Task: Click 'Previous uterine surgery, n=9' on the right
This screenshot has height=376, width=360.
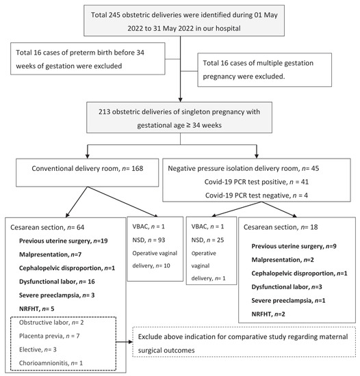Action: pyautogui.click(x=295, y=246)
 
